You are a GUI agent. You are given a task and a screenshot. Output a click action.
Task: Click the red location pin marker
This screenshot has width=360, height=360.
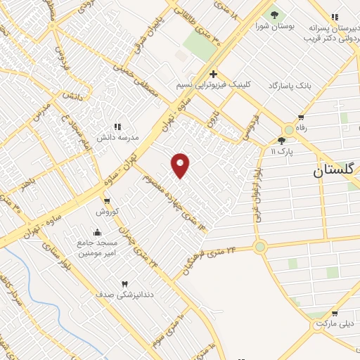pos(181,165)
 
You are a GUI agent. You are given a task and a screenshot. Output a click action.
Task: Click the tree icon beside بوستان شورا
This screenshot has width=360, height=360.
pos(274,15)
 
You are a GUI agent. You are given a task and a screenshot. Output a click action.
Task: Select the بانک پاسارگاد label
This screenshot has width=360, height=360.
pos(288,85)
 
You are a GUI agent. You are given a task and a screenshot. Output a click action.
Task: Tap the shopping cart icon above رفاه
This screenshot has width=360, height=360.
pos(301,117)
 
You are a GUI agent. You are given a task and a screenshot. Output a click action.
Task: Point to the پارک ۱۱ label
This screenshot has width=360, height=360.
pos(300,150)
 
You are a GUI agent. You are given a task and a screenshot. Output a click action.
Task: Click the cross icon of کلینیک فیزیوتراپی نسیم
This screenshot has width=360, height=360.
pos(212,74)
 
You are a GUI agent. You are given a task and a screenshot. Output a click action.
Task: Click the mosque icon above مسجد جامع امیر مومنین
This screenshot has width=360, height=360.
pos(97,232)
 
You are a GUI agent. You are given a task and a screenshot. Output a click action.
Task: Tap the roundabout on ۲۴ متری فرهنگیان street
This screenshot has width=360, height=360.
pos(261,246)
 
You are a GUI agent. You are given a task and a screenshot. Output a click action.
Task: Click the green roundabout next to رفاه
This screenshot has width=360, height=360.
pos(288,131)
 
